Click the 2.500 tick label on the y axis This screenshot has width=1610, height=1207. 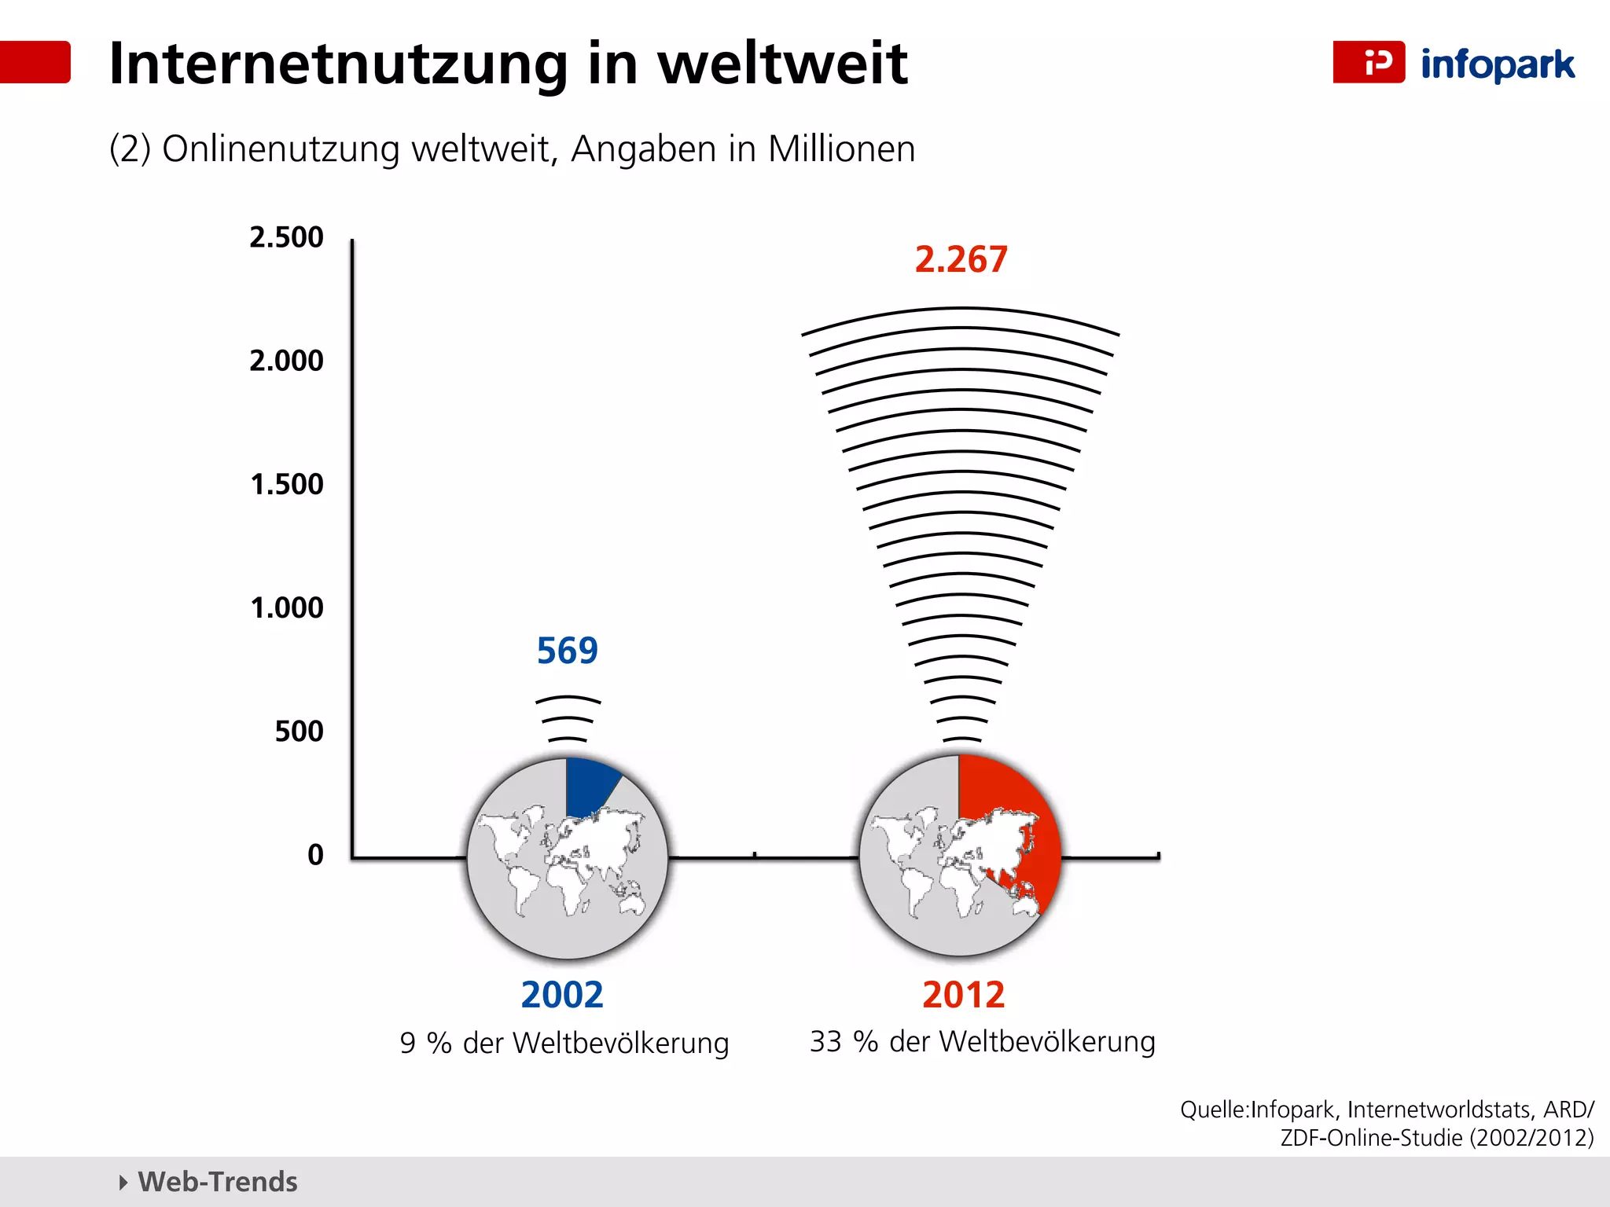286,237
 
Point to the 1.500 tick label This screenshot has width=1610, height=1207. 286,484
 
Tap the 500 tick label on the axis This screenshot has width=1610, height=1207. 299,732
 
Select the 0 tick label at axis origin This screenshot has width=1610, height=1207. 315,855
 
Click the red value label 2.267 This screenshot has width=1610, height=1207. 961,259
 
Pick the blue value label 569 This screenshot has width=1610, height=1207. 567,651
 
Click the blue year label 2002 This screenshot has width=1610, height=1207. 562,995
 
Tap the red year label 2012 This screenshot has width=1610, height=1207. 963,995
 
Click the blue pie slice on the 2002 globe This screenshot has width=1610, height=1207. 588,786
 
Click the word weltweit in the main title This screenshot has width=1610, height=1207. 782,63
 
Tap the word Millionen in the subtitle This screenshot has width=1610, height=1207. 841,149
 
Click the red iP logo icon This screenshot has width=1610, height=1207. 1369,62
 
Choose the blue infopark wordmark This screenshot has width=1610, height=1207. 1498,64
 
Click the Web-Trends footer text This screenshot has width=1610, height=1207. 218,1182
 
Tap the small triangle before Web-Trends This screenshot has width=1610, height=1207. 123,1182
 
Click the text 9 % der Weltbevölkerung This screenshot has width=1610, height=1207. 564,1044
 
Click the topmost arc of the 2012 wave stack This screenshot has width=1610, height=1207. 961,310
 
